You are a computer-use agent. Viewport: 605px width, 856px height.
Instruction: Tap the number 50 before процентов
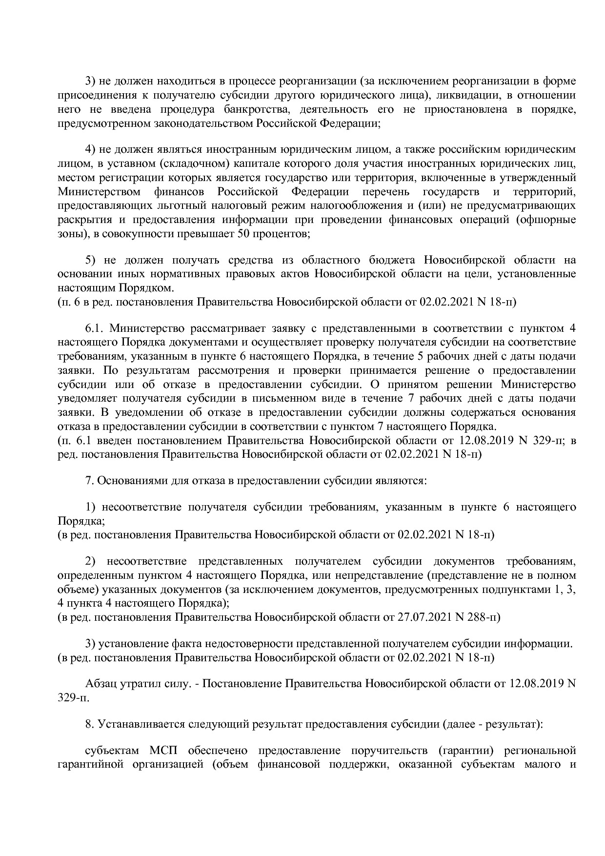(244, 234)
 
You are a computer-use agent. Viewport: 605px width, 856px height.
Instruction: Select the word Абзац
(101, 683)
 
